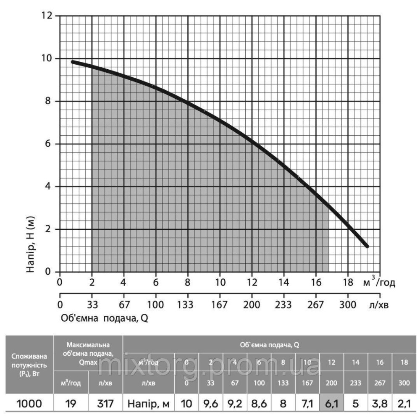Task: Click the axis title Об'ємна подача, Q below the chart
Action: coord(105,318)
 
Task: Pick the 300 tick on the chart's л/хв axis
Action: coord(347,304)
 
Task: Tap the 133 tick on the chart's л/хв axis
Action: coord(188,304)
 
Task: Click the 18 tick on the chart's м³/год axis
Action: coord(347,282)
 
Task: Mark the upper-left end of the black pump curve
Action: coord(73,62)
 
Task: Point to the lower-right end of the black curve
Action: coord(367,246)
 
